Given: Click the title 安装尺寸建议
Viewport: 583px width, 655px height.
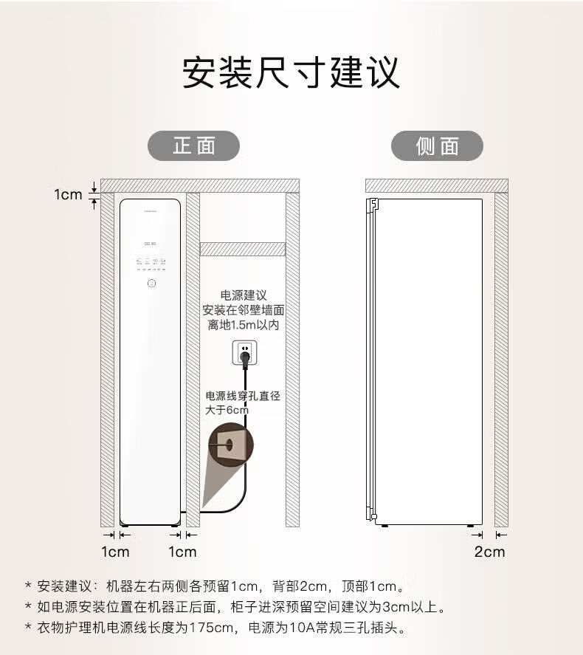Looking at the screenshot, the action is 291,73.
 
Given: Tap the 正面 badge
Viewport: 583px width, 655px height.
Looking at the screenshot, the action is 194,145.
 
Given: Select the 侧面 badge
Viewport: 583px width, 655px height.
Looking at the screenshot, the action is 437,146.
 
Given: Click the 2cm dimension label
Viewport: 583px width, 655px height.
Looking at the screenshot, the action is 489,551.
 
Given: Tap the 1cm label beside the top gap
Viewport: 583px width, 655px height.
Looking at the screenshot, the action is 68,194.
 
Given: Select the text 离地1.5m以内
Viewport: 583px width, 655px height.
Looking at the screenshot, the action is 243,325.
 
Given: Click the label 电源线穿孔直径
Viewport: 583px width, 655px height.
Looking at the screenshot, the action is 243,396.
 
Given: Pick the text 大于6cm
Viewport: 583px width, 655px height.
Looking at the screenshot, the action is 227,410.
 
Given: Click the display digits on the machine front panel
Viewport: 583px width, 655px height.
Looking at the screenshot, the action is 150,244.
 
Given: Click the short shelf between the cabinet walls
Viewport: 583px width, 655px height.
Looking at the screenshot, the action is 243,249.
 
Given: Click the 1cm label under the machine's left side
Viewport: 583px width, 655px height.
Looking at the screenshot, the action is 115,551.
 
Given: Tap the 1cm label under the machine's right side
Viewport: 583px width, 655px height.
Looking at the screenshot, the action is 182,551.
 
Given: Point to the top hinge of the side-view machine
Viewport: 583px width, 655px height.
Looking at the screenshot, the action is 373,202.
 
